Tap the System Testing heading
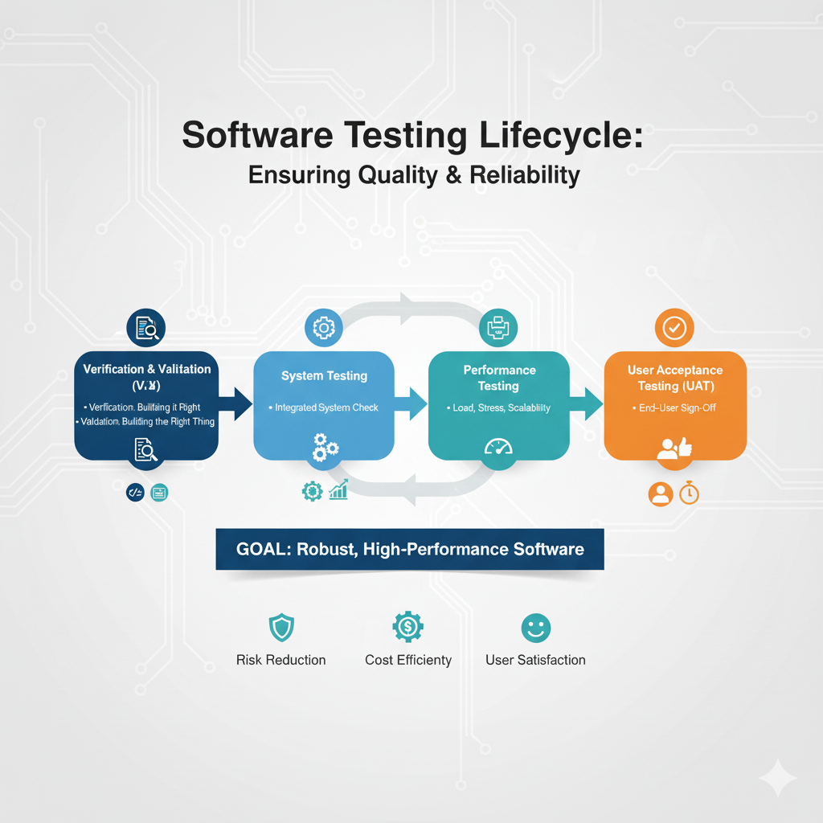[324, 375]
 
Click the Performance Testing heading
[499, 378]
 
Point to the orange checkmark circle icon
[674, 327]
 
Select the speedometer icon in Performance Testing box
[498, 447]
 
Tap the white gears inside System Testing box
[325, 447]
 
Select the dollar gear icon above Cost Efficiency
[407, 626]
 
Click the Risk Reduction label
[280, 660]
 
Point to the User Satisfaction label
[535, 660]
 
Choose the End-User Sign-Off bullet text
[677, 407]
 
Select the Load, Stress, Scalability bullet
[499, 407]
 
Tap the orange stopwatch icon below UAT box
[689, 493]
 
